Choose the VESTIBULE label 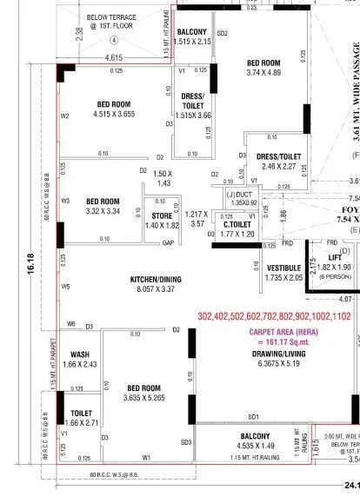pyautogui.click(x=283, y=268)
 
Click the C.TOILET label pyautogui.click(x=237, y=224)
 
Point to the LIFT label pyautogui.click(x=335, y=258)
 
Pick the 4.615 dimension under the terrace pyautogui.click(x=113, y=57)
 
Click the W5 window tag pyautogui.click(x=65, y=286)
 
